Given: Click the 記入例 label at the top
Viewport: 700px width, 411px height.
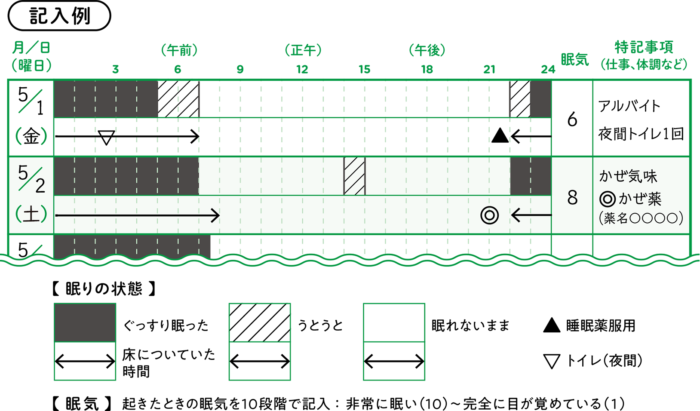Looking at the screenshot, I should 59,16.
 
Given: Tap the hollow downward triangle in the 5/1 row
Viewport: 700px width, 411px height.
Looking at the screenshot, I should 106,138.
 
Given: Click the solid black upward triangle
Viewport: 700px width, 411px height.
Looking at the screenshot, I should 500,136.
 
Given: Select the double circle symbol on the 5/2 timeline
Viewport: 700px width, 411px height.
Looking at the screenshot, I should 489,215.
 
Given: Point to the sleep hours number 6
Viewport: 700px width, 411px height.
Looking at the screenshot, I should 572,120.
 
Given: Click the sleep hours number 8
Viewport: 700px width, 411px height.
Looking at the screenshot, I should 572,198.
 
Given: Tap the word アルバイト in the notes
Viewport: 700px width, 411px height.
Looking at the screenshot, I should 629,106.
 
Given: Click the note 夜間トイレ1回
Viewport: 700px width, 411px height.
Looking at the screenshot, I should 641,134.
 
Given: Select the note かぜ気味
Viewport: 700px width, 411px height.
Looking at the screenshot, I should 628,176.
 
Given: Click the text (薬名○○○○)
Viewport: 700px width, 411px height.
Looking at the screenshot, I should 641,218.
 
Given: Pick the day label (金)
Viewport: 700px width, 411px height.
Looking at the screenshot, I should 31,137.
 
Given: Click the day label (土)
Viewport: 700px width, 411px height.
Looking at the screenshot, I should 31,214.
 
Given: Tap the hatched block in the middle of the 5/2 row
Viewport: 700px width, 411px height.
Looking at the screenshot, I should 354,176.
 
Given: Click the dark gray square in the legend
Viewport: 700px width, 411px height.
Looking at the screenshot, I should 85,322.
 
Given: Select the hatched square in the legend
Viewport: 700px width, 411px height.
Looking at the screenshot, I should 259,322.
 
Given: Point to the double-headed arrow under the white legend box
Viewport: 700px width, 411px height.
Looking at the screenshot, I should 394,362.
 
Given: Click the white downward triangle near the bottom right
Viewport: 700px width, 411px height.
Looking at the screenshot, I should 552,360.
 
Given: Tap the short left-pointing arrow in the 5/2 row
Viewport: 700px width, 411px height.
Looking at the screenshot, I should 531,215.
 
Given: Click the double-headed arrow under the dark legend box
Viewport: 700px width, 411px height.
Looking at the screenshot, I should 85,362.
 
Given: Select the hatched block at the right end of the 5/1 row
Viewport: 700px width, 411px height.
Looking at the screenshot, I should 520,99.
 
